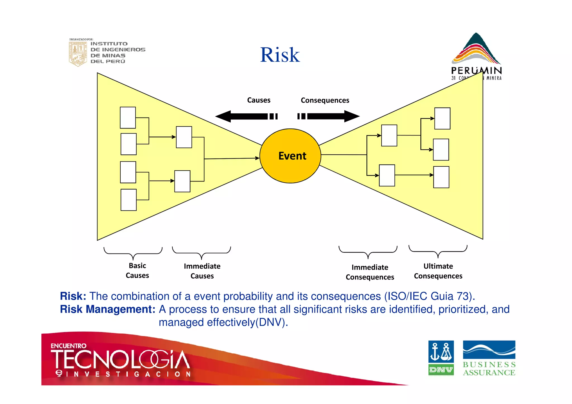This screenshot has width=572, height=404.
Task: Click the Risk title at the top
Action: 280,55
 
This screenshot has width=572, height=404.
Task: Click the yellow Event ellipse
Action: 290,156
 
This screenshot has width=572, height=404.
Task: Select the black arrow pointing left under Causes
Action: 246,116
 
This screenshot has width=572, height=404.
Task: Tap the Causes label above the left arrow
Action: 259,100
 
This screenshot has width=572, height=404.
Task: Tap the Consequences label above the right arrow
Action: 325,100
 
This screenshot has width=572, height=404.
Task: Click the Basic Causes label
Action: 137,271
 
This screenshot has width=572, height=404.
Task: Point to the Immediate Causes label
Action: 202,271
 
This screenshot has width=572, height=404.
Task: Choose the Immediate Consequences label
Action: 370,272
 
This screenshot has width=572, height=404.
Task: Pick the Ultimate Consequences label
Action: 438,271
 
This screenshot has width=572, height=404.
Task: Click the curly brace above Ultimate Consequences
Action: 438,251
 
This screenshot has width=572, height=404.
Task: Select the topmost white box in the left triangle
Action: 128,118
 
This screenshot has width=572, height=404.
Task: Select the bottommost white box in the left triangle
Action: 128,200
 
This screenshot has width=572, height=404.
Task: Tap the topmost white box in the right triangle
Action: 442,118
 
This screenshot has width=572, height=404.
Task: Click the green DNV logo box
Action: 441,370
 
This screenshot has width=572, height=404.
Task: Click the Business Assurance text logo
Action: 489,369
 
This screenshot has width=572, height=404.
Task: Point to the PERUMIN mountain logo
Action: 476,50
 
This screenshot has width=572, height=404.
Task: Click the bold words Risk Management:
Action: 108,309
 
